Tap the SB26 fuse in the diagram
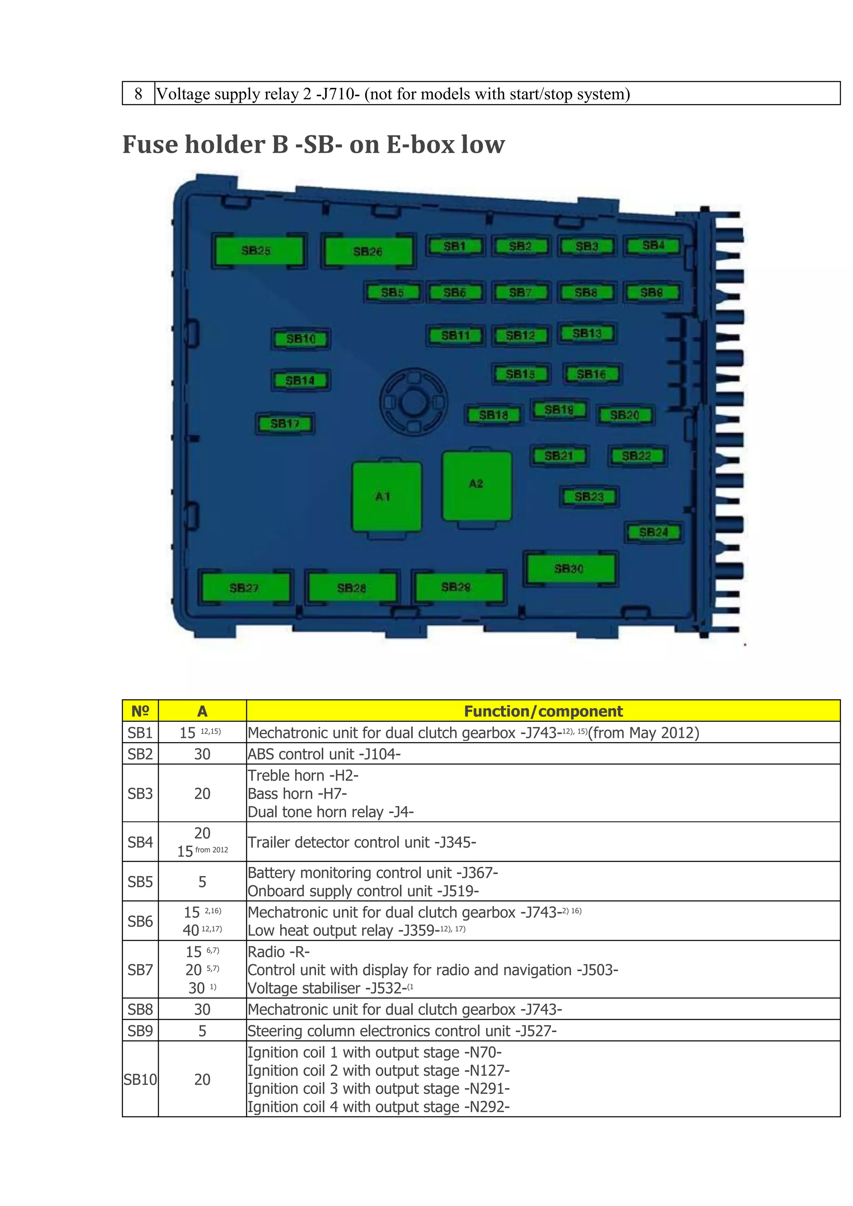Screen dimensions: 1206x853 (368, 252)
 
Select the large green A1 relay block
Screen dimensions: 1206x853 (387, 497)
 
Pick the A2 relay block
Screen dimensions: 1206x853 (477, 485)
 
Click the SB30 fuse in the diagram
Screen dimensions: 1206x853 (570, 568)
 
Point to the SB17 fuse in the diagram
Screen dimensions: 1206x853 (285, 424)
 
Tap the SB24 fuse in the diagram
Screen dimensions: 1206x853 (653, 532)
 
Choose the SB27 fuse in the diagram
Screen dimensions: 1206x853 (245, 587)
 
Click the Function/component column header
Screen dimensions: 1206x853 (543, 711)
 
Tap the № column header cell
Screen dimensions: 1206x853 (140, 711)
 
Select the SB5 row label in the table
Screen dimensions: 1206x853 (140, 882)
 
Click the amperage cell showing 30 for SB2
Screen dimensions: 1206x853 (202, 754)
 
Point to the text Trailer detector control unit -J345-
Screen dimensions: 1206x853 (362, 842)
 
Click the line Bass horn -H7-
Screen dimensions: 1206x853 (297, 794)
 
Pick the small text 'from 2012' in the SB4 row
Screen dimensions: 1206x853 (212, 850)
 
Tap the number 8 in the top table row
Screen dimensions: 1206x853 (138, 94)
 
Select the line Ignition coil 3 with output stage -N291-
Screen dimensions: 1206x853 (379, 1089)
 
